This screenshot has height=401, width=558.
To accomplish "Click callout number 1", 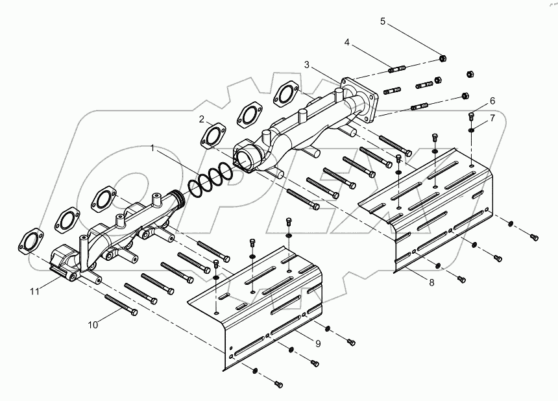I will point(152,149).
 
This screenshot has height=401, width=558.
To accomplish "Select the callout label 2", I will point(202,119).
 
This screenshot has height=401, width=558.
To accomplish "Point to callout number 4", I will point(347,43).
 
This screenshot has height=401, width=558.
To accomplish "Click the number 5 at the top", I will point(383,21).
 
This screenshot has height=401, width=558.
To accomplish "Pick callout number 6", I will point(492,101).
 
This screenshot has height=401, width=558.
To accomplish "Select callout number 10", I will point(93,324).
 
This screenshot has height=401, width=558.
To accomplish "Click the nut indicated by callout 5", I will point(442,58).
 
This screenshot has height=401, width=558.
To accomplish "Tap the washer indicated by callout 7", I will point(472,130).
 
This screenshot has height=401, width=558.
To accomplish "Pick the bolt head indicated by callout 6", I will point(471,117).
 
